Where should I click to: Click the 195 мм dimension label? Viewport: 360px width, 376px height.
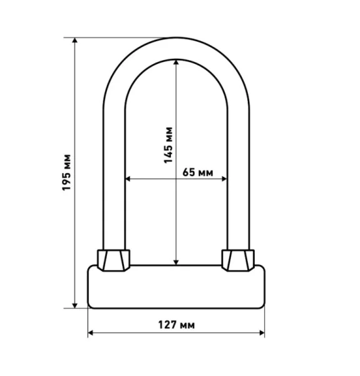click(x=66, y=172)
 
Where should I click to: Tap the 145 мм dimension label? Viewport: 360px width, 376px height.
click(x=168, y=145)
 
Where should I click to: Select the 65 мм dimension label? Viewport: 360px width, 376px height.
click(x=198, y=172)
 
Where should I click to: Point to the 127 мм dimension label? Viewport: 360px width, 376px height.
click(x=177, y=325)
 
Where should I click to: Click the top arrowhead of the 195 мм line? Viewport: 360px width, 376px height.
click(x=75, y=40)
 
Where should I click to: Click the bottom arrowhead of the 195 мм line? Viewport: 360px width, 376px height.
click(x=75, y=306)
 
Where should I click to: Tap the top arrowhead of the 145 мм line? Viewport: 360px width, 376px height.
click(x=176, y=62)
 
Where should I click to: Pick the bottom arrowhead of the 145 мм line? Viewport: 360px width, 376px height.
click(x=176, y=263)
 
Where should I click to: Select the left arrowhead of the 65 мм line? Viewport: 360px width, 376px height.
click(x=128, y=179)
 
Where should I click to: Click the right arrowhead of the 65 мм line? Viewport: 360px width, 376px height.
click(x=224, y=179)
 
